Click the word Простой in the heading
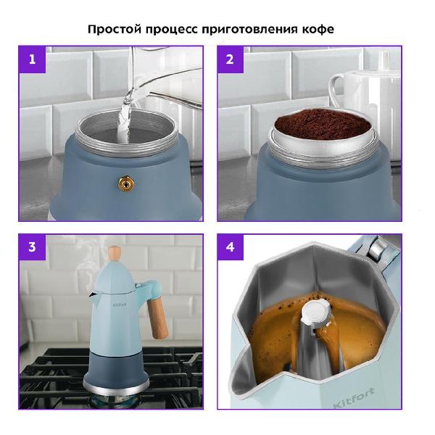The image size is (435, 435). [x=115, y=29]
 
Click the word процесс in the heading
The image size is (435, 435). [x=171, y=30]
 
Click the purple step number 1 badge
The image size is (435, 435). [x=32, y=59]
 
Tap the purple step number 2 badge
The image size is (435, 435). [x=231, y=59]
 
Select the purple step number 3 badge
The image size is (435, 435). [x=32, y=247]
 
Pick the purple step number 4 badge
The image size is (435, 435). [x=231, y=247]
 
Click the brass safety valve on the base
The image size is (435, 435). [x=126, y=184]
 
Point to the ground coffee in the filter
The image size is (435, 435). [x=323, y=123]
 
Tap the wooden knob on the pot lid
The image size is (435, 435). [x=115, y=253]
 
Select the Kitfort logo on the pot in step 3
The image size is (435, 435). [x=120, y=304]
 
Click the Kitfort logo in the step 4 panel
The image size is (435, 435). [x=354, y=397]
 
